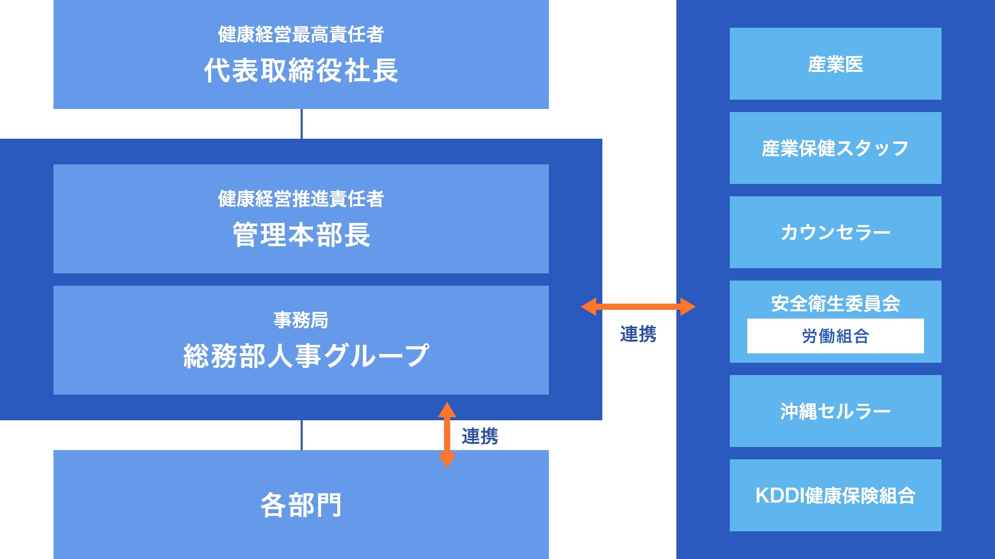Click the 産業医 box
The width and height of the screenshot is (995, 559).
[835, 64]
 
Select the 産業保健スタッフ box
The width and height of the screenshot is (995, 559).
[835, 148]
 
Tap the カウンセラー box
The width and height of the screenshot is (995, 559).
[835, 232]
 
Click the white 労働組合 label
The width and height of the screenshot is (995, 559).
[835, 336]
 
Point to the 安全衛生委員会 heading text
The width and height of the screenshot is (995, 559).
[835, 303]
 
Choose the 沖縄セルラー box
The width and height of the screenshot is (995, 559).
[835, 411]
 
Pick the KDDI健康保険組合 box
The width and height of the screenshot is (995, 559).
[835, 495]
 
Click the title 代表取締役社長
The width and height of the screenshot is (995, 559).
[301, 70]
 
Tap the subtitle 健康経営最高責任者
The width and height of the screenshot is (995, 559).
[301, 34]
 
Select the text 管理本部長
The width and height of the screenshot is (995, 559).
[301, 235]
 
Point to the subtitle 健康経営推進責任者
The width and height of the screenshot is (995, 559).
[301, 199]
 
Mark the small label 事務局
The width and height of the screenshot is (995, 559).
[301, 320]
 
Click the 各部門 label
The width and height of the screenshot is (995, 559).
[301, 505]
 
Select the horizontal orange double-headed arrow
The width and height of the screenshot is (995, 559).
[638, 307]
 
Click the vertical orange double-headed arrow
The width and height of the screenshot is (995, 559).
[447, 435]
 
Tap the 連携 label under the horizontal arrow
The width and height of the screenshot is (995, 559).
[638, 334]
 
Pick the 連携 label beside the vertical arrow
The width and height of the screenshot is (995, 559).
[480, 436]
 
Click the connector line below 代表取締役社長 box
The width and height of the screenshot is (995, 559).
[302, 124]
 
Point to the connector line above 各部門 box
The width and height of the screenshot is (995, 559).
[302, 435]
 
